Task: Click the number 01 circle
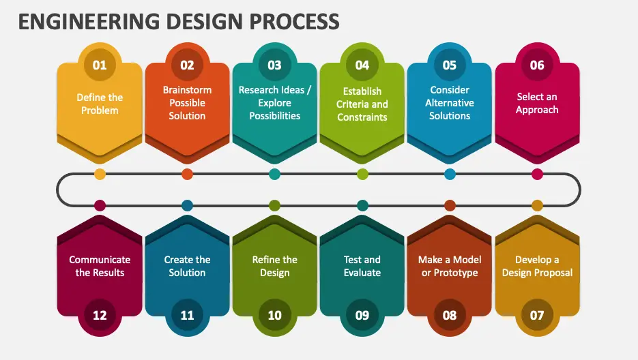pyautogui.click(x=100, y=65)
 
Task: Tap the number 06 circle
pyautogui.click(x=537, y=65)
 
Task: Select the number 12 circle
pyautogui.click(x=100, y=315)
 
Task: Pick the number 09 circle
pyautogui.click(x=362, y=315)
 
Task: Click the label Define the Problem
pyautogui.click(x=100, y=104)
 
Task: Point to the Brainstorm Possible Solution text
pyautogui.click(x=187, y=103)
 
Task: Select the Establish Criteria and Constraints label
pyautogui.click(x=362, y=104)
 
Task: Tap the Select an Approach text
pyautogui.click(x=537, y=104)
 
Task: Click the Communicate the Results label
pyautogui.click(x=100, y=266)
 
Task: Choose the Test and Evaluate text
pyautogui.click(x=362, y=266)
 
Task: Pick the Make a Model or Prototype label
pyautogui.click(x=450, y=266)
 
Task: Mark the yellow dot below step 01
pyautogui.click(x=100, y=174)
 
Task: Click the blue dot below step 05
pyautogui.click(x=450, y=174)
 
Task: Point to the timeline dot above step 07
pyautogui.click(x=537, y=205)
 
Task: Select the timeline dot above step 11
pyautogui.click(x=187, y=205)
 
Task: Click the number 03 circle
pyautogui.click(x=274, y=65)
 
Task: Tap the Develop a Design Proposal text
pyautogui.click(x=537, y=266)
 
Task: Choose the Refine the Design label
pyautogui.click(x=274, y=266)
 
